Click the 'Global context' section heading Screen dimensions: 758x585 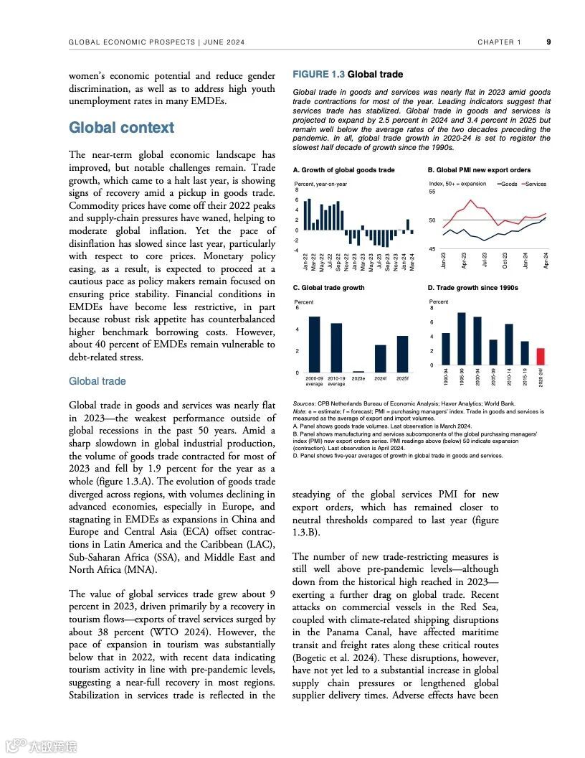[121, 128]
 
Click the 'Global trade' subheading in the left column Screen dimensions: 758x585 [97, 381]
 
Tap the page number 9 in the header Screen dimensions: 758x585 [548, 42]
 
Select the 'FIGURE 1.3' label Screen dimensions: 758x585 [318, 75]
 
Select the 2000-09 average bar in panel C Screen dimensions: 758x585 [314, 344]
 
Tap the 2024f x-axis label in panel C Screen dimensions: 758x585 [380, 378]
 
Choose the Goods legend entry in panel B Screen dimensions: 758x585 [508, 184]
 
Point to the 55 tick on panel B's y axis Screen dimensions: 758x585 [432, 192]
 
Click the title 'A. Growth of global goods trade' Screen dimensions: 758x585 [344, 170]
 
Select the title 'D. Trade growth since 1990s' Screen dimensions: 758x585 [472, 288]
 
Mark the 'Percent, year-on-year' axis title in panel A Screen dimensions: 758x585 [320, 184]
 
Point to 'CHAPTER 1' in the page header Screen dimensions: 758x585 [500, 42]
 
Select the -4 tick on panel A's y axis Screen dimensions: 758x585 [297, 251]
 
